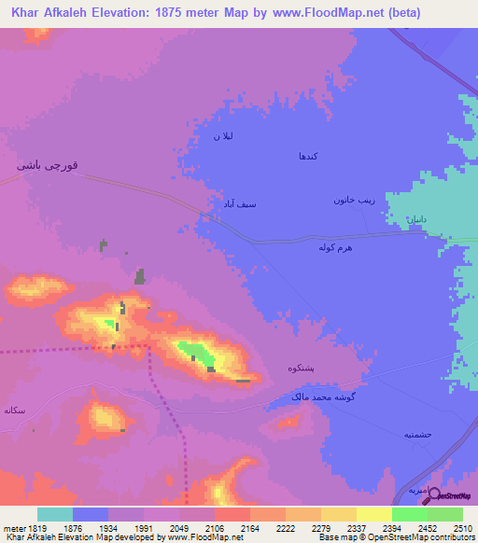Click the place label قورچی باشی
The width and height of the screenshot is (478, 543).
[x=53, y=165]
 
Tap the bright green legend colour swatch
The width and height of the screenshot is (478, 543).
[x=409, y=514]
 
